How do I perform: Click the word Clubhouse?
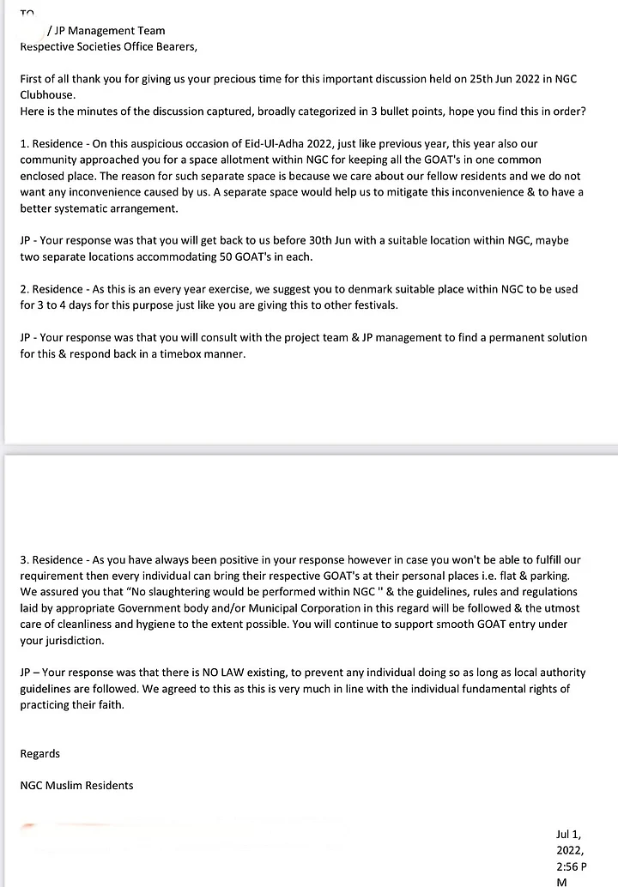point(49,95)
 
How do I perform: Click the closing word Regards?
point(40,754)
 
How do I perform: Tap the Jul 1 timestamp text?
point(570,834)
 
